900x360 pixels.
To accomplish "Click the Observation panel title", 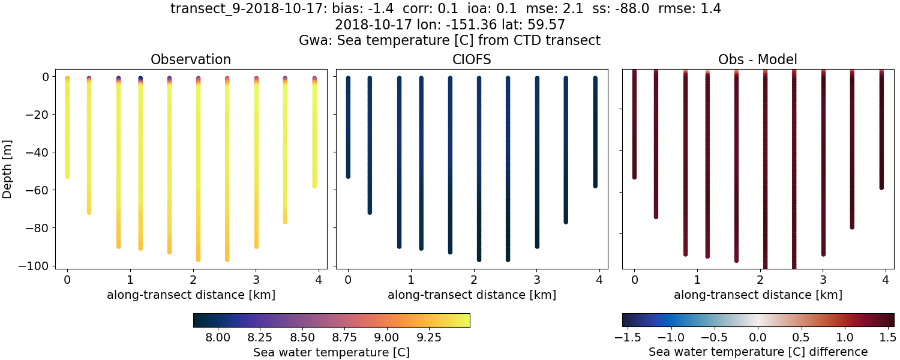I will [x=191, y=59].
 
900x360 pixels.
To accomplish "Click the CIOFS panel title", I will [x=471, y=59].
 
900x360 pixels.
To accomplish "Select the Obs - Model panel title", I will [x=758, y=59].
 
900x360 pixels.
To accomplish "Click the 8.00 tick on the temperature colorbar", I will [x=218, y=335].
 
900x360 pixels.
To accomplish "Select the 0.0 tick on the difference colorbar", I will [x=758, y=335].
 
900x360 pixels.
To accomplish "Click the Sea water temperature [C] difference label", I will [x=758, y=352].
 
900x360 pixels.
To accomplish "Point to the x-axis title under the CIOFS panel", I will [x=471, y=295].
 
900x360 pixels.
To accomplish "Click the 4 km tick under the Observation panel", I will [x=318, y=279].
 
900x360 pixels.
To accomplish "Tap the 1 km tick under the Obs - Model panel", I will [x=697, y=279].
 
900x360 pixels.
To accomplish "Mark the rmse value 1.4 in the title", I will [x=710, y=8].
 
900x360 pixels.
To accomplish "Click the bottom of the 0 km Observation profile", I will [x=67, y=175].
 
